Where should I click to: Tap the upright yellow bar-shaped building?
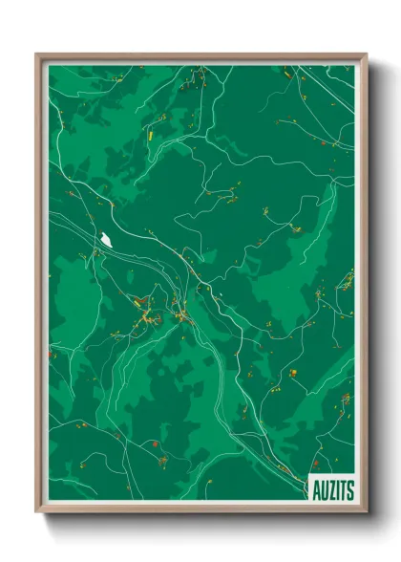click(x=151, y=133)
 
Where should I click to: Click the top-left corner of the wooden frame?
click(x=37, y=54)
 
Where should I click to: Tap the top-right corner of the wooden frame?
click(x=365, y=54)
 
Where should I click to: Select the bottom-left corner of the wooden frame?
click(x=37, y=511)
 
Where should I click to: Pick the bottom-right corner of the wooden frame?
click(x=365, y=511)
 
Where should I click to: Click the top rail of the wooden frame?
click(x=200, y=55)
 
